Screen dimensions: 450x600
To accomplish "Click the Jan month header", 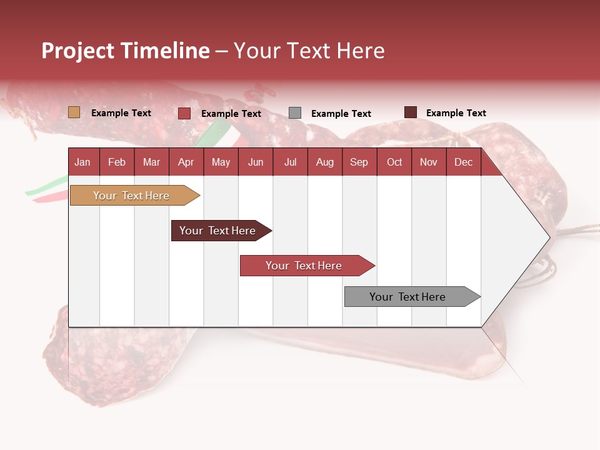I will pos(82,162).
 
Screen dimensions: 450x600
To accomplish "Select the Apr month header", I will pos(186,162).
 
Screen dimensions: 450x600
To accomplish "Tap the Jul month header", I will pos(290,162).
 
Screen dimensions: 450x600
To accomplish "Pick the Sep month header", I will pos(359,162).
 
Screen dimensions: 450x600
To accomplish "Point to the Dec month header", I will pos(463,162).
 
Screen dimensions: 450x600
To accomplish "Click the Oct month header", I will pos(394,162).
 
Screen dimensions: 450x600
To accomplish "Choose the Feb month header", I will pos(117,162).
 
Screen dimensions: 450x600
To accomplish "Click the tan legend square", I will pos(74,112).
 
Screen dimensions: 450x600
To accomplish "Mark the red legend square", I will pos(184,113).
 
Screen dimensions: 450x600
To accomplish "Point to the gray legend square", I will pos(295,113).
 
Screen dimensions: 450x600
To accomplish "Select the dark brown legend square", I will pos(410,112).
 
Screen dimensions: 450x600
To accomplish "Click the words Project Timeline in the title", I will pos(126,51).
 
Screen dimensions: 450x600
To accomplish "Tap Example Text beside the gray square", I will pos(341,114).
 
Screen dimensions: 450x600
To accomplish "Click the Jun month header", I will pos(256,162).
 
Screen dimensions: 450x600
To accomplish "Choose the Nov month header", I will pos(429,162).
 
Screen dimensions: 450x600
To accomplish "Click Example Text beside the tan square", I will pos(121,113).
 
